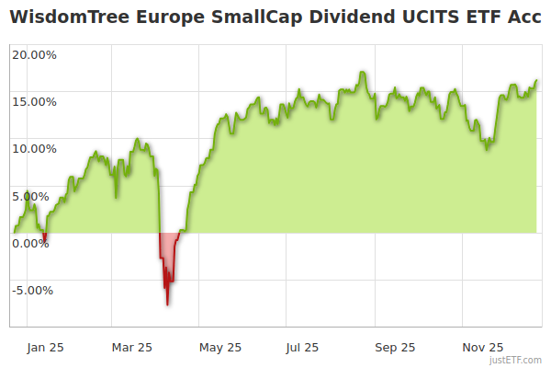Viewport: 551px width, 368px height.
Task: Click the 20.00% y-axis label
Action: [x=34, y=54]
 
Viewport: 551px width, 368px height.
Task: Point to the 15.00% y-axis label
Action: [x=34, y=101]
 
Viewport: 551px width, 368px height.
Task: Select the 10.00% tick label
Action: [x=34, y=148]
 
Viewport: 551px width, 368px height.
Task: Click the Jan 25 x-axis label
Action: [x=45, y=347]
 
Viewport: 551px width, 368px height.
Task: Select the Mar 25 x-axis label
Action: [x=131, y=347]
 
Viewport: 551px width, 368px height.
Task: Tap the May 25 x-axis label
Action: [x=220, y=347]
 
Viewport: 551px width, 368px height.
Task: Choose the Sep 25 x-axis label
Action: [x=396, y=347]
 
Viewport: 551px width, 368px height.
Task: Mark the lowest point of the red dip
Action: [x=167, y=305]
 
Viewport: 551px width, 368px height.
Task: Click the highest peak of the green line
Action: [x=364, y=72]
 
